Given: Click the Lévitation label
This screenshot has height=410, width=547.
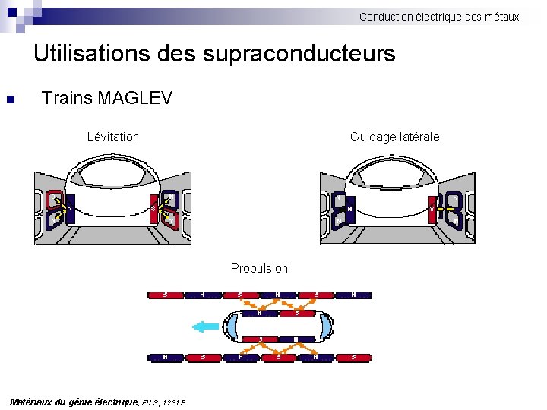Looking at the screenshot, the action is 113,137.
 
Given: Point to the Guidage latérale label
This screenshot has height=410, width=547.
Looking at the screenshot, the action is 394,137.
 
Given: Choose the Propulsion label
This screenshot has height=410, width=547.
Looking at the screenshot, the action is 259,268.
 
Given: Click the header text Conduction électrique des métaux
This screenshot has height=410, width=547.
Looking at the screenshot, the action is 439,16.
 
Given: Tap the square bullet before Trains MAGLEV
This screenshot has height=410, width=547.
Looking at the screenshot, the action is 10,99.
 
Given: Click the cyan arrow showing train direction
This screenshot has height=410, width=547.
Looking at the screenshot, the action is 205,326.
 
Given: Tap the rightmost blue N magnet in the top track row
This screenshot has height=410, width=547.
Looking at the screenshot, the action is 353,294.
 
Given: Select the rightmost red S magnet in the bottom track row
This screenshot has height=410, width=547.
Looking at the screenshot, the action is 353,356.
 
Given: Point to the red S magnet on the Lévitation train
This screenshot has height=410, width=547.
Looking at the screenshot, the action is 153,208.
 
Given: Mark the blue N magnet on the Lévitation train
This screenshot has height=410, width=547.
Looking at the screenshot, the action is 69,208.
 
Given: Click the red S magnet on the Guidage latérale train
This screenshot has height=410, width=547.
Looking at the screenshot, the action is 432,209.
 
